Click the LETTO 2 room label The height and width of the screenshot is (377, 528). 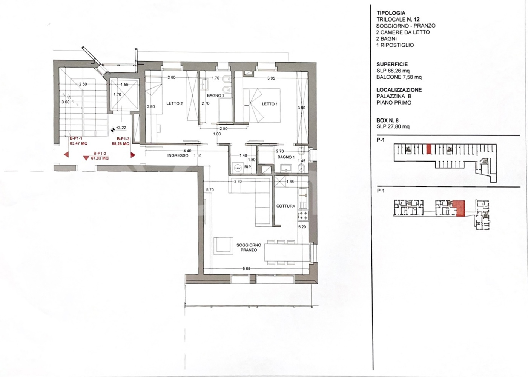[174, 103]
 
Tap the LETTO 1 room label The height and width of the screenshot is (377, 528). [270, 104]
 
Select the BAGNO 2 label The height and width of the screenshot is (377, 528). [215, 95]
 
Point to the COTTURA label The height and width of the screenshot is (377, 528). [286, 206]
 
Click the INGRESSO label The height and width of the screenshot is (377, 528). [178, 155]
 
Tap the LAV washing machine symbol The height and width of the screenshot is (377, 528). [238, 168]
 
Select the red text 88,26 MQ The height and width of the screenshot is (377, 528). [120, 143]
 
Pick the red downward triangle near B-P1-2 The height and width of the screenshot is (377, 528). [86, 158]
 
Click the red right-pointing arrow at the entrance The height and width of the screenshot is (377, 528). [133, 155]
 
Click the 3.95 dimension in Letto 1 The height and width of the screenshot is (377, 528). [271, 78]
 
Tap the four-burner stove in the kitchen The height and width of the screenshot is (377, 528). [303, 215]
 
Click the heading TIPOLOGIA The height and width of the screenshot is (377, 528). [391, 13]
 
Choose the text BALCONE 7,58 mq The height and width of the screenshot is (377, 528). [399, 77]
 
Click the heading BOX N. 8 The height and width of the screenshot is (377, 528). [387, 120]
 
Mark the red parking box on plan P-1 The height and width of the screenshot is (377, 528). [429, 149]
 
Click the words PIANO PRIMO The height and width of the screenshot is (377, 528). [394, 103]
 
